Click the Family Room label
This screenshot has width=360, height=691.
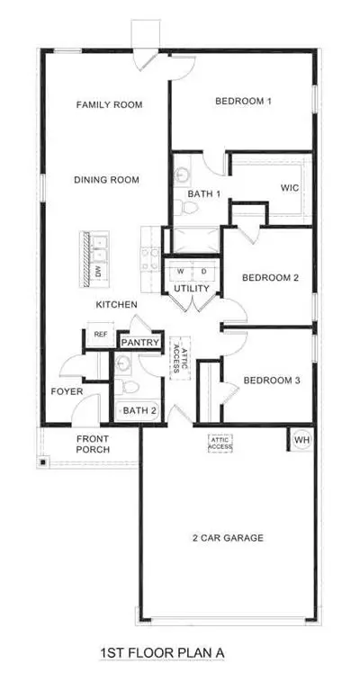(109, 105)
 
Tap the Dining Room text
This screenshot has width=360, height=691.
(106, 180)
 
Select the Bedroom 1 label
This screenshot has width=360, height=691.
(243, 101)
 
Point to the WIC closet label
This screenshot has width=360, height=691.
(290, 188)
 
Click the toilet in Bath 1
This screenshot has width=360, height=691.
(180, 206)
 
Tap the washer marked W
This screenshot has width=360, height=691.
(180, 272)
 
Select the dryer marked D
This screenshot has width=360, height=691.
(204, 272)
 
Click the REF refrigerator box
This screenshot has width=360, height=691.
(101, 335)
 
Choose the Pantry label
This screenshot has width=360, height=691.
(140, 343)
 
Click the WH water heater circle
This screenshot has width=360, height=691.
(301, 440)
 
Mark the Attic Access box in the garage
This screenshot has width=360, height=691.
(220, 444)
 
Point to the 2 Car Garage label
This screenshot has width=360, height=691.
(229, 538)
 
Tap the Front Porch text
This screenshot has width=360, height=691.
(93, 444)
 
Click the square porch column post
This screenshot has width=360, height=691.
(42, 462)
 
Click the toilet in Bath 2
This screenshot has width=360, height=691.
(129, 387)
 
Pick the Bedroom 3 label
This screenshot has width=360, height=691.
(272, 381)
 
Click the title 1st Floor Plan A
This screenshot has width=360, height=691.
(162, 652)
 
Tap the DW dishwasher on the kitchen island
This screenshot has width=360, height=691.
(98, 272)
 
